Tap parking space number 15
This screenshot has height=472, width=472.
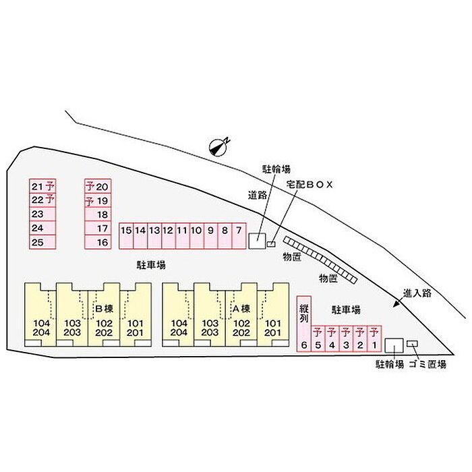coord(126,236)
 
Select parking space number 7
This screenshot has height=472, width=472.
coord(239,236)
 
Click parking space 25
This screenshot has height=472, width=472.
coord(42,242)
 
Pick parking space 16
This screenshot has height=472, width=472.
coord(98,242)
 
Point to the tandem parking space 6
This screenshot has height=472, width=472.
coord(303,324)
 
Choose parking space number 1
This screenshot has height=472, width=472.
coord(374,338)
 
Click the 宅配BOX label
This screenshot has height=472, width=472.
coord(309,185)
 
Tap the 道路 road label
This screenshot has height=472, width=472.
coord(258,195)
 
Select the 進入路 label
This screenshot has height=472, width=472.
coord(417,293)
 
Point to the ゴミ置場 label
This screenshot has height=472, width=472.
coord(427,365)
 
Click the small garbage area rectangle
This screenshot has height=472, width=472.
coord(412,343)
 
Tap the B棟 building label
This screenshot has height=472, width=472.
coord(104,309)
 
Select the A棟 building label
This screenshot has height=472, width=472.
coord(241,309)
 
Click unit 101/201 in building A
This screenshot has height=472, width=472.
coord(273,315)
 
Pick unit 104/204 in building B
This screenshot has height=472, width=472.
coord(40,315)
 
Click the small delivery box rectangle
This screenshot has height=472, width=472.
coord(271,244)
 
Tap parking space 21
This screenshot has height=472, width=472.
coord(42,186)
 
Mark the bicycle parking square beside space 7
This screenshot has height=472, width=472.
coord(257,241)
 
